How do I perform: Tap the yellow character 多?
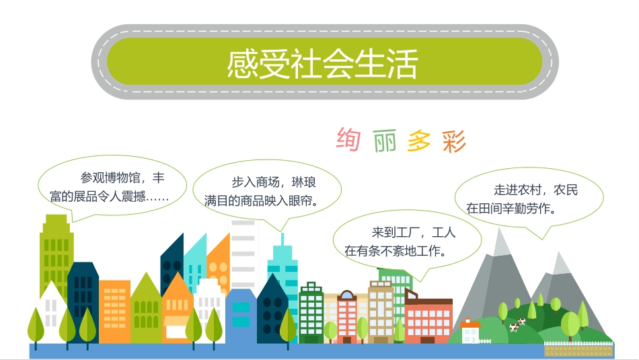(419, 141)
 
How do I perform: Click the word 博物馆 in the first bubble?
(118, 178)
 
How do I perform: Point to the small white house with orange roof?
(470, 331)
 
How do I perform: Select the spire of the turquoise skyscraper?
(283, 239)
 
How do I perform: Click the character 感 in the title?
(241, 65)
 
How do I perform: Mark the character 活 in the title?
(403, 65)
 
